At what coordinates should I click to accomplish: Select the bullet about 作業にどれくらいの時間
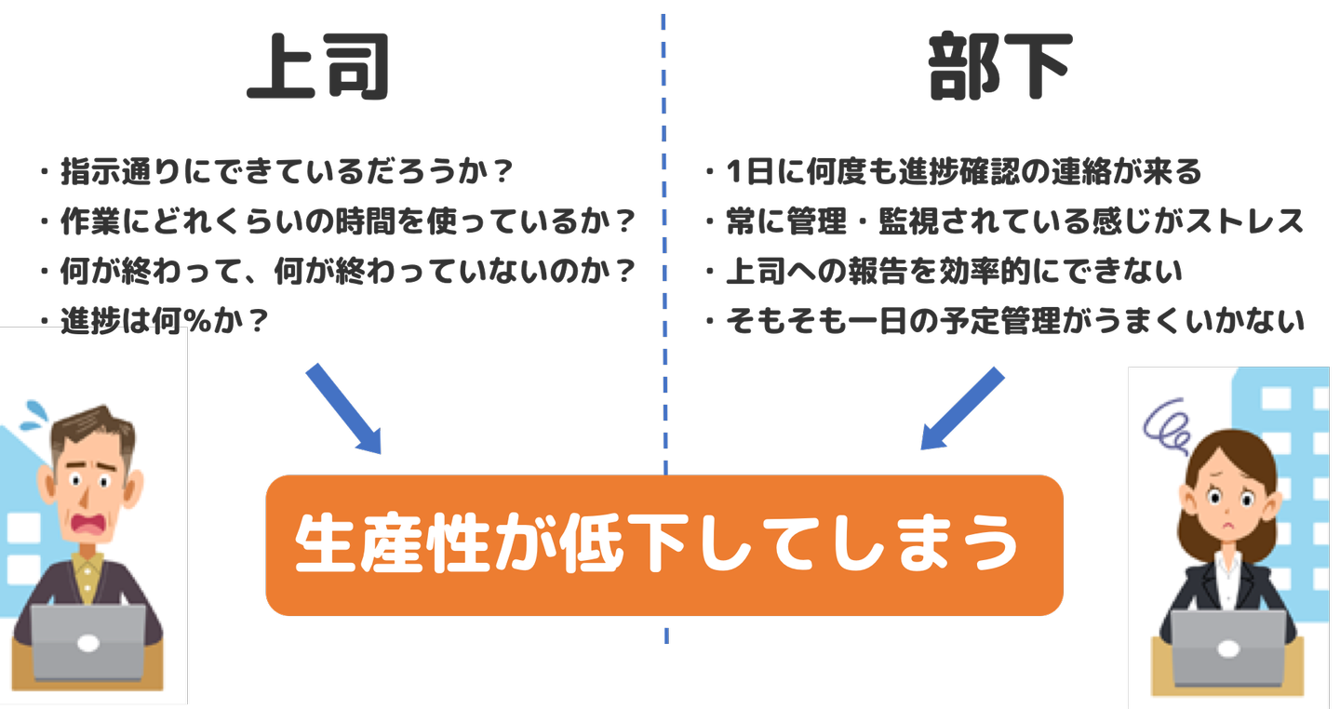[x=347, y=221]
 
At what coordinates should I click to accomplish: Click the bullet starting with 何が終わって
[x=347, y=272]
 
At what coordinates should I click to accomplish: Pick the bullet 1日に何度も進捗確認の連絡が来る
[x=963, y=171]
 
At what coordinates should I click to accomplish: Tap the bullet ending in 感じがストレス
[x=1014, y=221]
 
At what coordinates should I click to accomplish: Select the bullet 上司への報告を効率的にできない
[x=954, y=272]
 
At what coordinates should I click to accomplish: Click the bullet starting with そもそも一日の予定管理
[x=1014, y=321]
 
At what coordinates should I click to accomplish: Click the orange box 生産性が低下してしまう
[x=664, y=545]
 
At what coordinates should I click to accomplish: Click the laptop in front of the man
[x=88, y=642]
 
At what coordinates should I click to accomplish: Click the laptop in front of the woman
[x=1227, y=647]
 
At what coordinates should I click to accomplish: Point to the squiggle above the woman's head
[x=1169, y=424]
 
